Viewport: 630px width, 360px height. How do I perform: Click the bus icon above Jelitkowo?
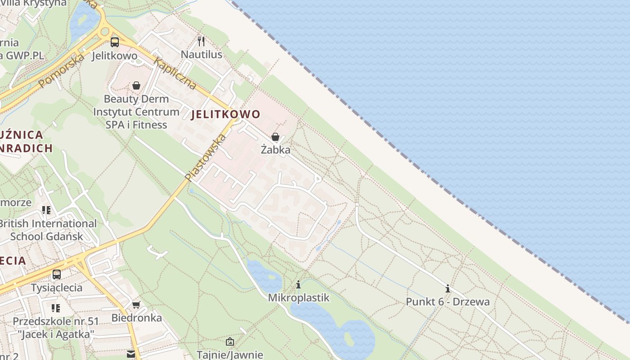[115, 42]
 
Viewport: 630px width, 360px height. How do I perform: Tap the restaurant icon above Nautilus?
[201, 41]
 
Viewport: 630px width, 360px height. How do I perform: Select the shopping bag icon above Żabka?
[275, 137]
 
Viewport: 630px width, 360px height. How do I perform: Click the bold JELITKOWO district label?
[225, 114]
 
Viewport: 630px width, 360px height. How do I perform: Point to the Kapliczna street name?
[175, 73]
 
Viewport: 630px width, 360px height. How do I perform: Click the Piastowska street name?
[205, 157]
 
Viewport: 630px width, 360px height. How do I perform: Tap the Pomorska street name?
[61, 71]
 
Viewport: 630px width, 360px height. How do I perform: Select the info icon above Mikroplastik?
[298, 284]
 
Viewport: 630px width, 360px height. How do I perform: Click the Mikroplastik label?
[298, 298]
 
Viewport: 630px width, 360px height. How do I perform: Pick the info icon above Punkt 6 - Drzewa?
[447, 288]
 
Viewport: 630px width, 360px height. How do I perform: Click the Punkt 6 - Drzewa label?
[447, 301]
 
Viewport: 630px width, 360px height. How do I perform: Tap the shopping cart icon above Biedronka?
[136, 305]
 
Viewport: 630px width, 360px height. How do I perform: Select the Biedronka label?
[136, 318]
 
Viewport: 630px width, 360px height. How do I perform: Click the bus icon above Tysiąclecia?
[57, 274]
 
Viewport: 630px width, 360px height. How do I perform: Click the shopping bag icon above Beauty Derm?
[136, 85]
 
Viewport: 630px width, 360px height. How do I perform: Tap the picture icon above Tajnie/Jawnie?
[229, 342]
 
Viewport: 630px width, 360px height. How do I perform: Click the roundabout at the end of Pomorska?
[105, 31]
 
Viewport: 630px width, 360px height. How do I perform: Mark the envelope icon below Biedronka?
[130, 354]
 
